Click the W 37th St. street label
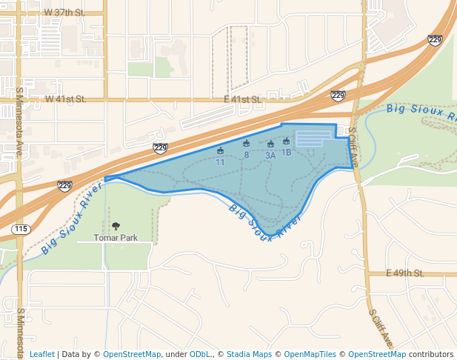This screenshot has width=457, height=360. pos(65,13)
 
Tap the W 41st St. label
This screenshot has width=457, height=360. pos(66,99)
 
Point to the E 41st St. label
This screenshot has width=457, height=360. pos(243,99)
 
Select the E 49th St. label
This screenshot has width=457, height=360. pos(405,273)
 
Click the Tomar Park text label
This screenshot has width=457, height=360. pos(116,238)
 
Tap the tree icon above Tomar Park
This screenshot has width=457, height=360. pos(116,226)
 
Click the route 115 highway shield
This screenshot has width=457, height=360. pos(21,230)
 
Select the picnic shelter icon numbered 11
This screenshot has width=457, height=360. pos(220,151)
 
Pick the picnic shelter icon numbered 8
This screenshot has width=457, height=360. pos(246,144)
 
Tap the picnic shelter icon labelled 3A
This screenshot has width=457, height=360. pos(270,144)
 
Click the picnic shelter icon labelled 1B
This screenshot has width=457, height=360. pos(286,141)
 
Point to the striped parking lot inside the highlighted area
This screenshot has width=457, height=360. pos(313,139)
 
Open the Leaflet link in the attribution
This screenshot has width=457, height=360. pos(41,354)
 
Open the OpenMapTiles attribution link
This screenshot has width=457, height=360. pos(310,354)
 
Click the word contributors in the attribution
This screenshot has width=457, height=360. pos(431,354)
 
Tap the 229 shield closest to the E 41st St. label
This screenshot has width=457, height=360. pos(338,96)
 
